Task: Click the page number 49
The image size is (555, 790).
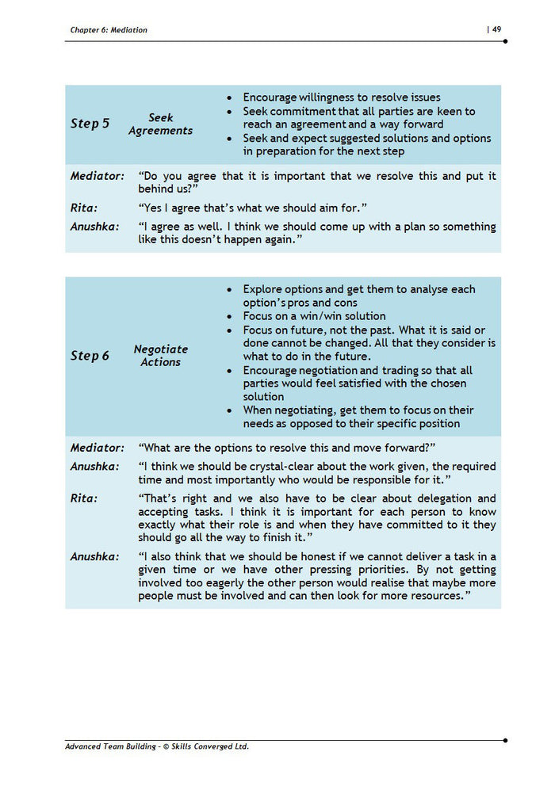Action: (x=496, y=29)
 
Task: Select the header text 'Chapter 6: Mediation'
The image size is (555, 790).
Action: (x=109, y=30)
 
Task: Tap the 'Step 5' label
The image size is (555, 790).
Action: (x=90, y=124)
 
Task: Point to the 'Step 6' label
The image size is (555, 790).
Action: (x=90, y=356)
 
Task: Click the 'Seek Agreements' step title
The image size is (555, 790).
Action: (x=161, y=124)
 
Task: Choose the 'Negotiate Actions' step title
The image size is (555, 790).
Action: (x=161, y=356)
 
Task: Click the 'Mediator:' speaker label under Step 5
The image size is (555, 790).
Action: (x=97, y=176)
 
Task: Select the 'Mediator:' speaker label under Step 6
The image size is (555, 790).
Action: (x=97, y=448)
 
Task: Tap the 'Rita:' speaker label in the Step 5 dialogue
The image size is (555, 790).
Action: (x=84, y=208)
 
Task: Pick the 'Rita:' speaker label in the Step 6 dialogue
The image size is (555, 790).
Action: (x=84, y=498)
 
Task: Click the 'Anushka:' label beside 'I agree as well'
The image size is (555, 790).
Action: (x=94, y=227)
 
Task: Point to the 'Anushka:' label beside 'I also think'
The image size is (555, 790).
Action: (x=94, y=557)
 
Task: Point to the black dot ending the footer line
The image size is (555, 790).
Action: (x=505, y=740)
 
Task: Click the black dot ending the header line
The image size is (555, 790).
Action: (x=505, y=40)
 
